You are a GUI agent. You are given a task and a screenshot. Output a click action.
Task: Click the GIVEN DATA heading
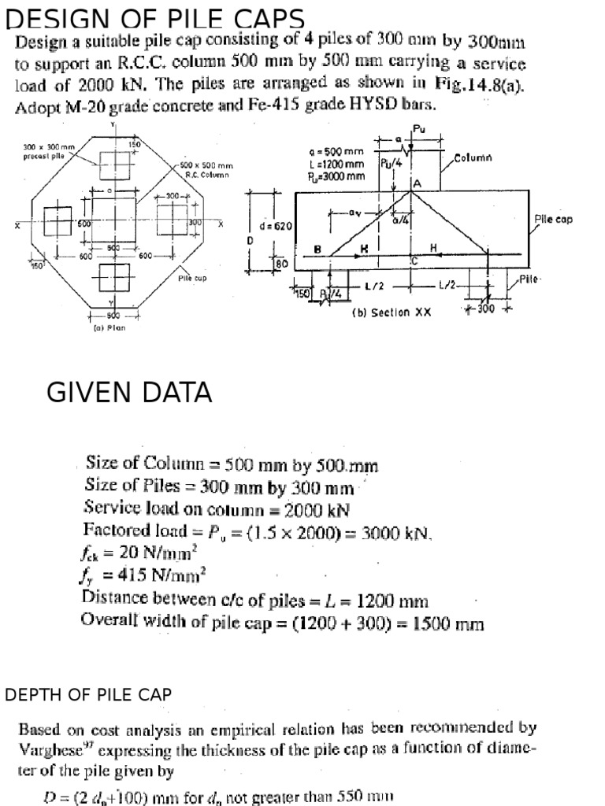tap(129, 392)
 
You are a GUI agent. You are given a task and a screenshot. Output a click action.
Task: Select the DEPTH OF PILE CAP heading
tap(88, 694)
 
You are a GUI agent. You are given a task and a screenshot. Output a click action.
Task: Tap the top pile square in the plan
tap(115, 163)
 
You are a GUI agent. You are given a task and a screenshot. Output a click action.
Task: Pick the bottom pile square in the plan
tap(115, 275)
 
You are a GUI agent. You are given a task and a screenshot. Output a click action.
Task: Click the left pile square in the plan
tap(58, 220)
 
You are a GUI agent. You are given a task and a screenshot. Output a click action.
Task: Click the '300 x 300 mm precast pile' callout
tap(49, 150)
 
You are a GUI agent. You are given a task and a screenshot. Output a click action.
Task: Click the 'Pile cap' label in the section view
tap(553, 220)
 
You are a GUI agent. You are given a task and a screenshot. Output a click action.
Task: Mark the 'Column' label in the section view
tap(473, 158)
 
